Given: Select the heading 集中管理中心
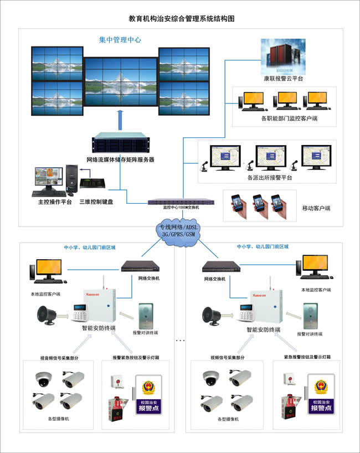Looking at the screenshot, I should click(120, 40).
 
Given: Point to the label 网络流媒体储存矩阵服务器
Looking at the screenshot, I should click(120, 159).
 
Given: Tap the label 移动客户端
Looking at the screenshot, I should click(316, 208).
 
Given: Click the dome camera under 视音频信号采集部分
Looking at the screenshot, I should click(43, 378).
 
